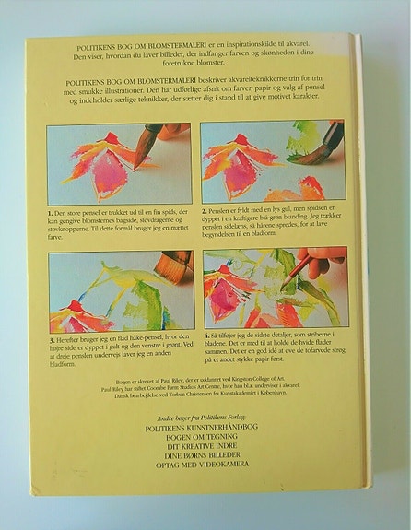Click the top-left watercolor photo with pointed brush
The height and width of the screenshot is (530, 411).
pos(120,163)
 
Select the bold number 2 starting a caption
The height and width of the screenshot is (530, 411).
pos(205,210)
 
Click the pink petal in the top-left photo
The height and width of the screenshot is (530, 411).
pos(111,175)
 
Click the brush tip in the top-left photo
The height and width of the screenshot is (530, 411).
pos(137,162)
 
